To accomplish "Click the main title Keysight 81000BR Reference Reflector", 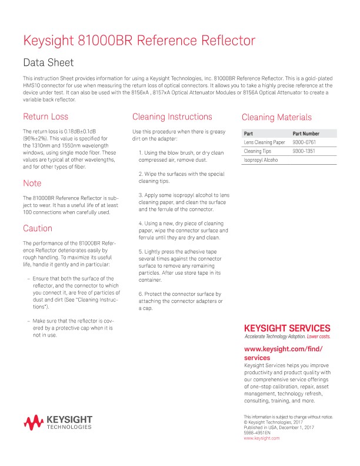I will pos(139,41).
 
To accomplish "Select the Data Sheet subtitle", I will pos(48,62).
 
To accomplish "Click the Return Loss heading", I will pos(45,116).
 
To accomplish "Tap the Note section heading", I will pos(32,183).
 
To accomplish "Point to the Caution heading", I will pos(38,228).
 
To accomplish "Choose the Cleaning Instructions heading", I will pos(172,116).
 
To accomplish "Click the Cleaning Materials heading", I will pos(276,117).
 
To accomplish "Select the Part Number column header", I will pos(306,134).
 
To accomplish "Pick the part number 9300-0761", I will pos(304,142).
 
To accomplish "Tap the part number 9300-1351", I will pos(304,151).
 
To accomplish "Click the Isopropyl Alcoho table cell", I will pos(261,160).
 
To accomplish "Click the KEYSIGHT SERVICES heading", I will pos(287,328).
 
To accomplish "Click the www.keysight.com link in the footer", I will pos(261,438).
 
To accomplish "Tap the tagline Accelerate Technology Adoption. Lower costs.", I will pos(287,337).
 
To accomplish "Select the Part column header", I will pos(248,134).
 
